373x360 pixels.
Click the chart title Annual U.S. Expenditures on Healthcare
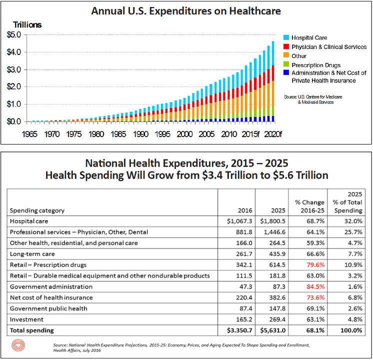[186, 10]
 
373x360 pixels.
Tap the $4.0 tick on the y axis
[13, 52]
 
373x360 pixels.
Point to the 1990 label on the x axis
[140, 134]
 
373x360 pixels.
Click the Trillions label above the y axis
[27, 24]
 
